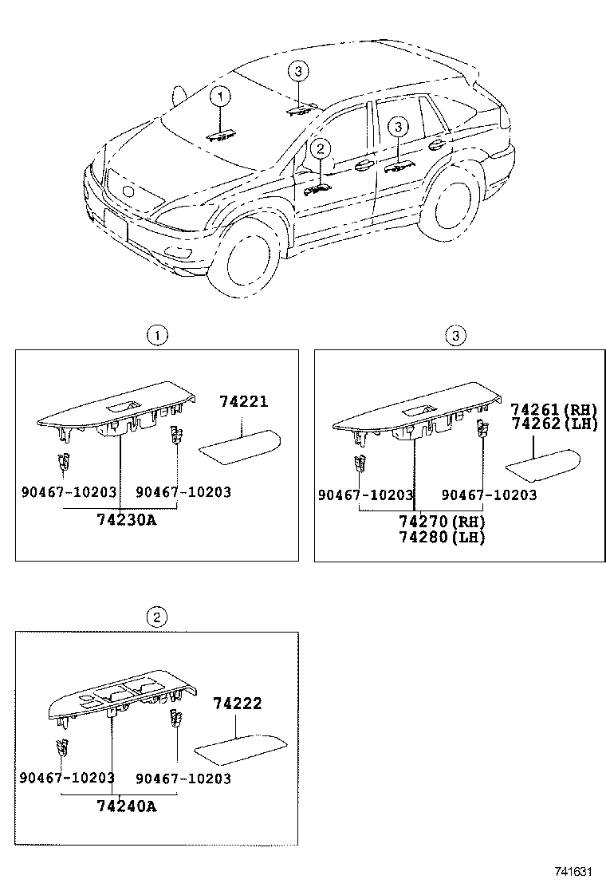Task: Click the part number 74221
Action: [x=243, y=402]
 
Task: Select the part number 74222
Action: [x=237, y=704]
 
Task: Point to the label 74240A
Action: [x=126, y=806]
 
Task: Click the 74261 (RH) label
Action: [x=553, y=409]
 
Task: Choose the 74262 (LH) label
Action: [x=553, y=424]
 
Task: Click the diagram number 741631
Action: [x=574, y=872]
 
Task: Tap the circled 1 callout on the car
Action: [x=220, y=97]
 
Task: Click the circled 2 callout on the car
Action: [x=321, y=148]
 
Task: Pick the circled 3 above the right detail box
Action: [x=454, y=336]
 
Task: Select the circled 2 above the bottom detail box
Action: [x=156, y=616]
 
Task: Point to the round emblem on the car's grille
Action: [x=128, y=191]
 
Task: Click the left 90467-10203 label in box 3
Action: [x=366, y=495]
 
